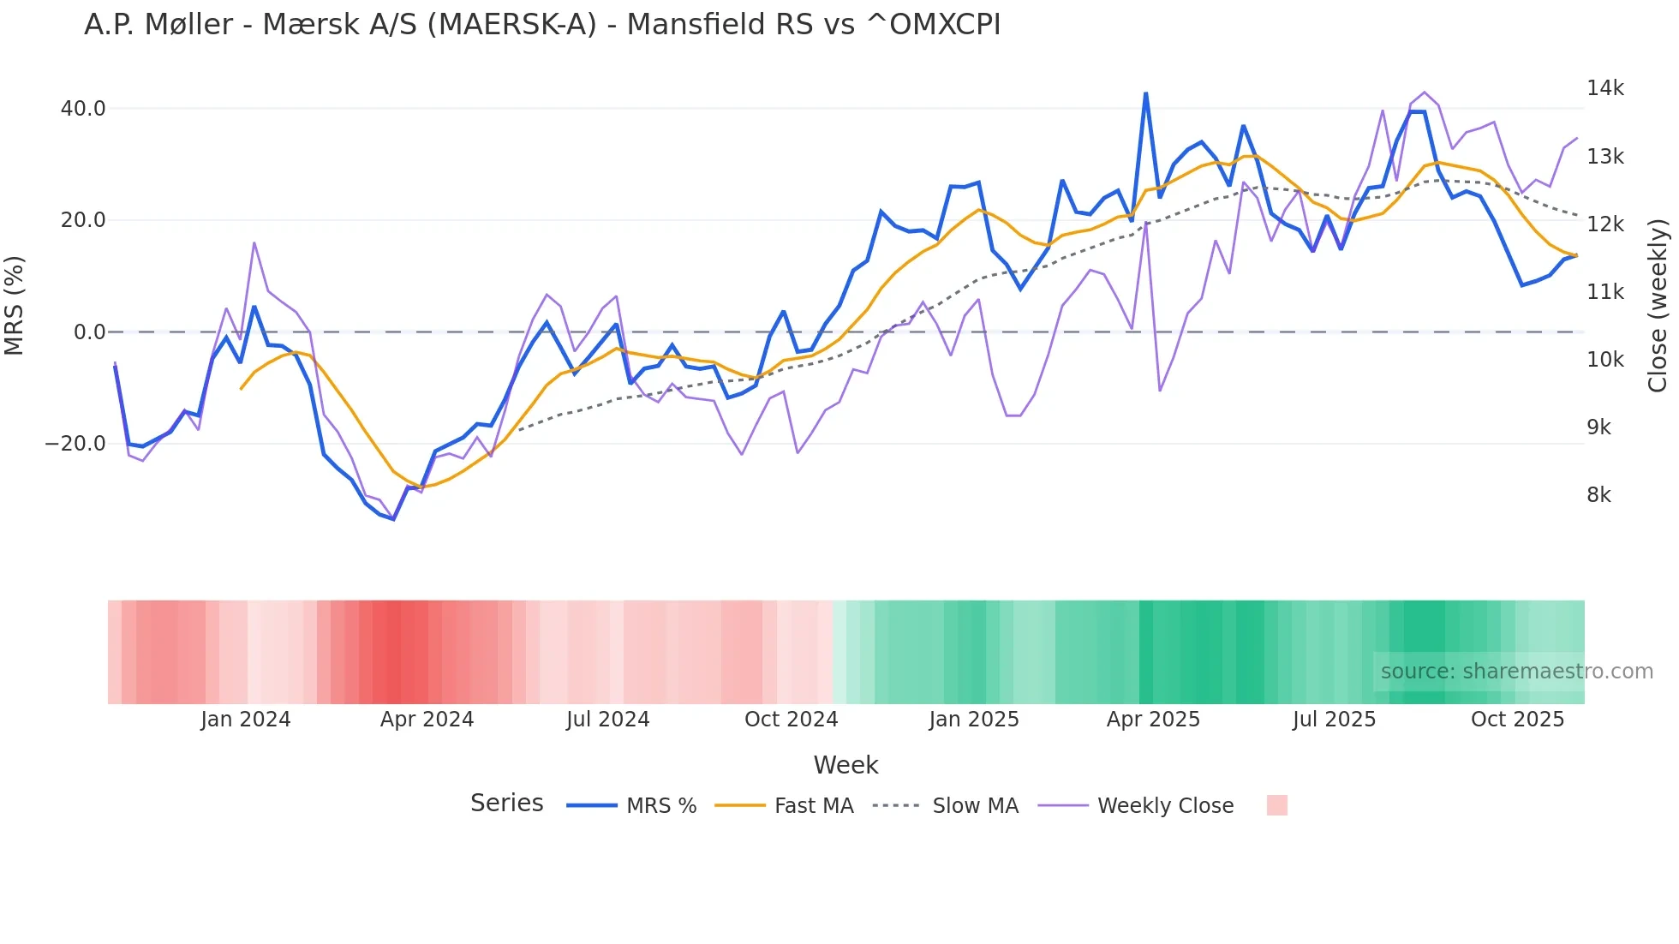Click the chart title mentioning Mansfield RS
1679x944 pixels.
tap(542, 25)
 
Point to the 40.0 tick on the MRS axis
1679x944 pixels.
tap(83, 109)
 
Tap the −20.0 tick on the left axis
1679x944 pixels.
tap(75, 444)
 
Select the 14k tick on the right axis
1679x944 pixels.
tap(1604, 88)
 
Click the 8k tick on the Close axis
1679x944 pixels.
tap(1598, 495)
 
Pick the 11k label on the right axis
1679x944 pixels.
tap(1604, 292)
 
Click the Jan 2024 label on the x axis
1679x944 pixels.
tap(246, 720)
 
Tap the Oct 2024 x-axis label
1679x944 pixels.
tap(791, 720)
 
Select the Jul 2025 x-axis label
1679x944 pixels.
tap(1334, 720)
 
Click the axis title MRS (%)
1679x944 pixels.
tap(15, 306)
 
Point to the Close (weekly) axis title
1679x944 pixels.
tap(1658, 306)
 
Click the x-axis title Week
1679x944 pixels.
tap(845, 765)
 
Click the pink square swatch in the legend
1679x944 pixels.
tap(1276, 805)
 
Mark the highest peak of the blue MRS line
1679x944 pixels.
tap(1145, 93)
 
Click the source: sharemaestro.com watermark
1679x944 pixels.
tap(1516, 672)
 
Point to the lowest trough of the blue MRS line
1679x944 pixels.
tap(393, 519)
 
